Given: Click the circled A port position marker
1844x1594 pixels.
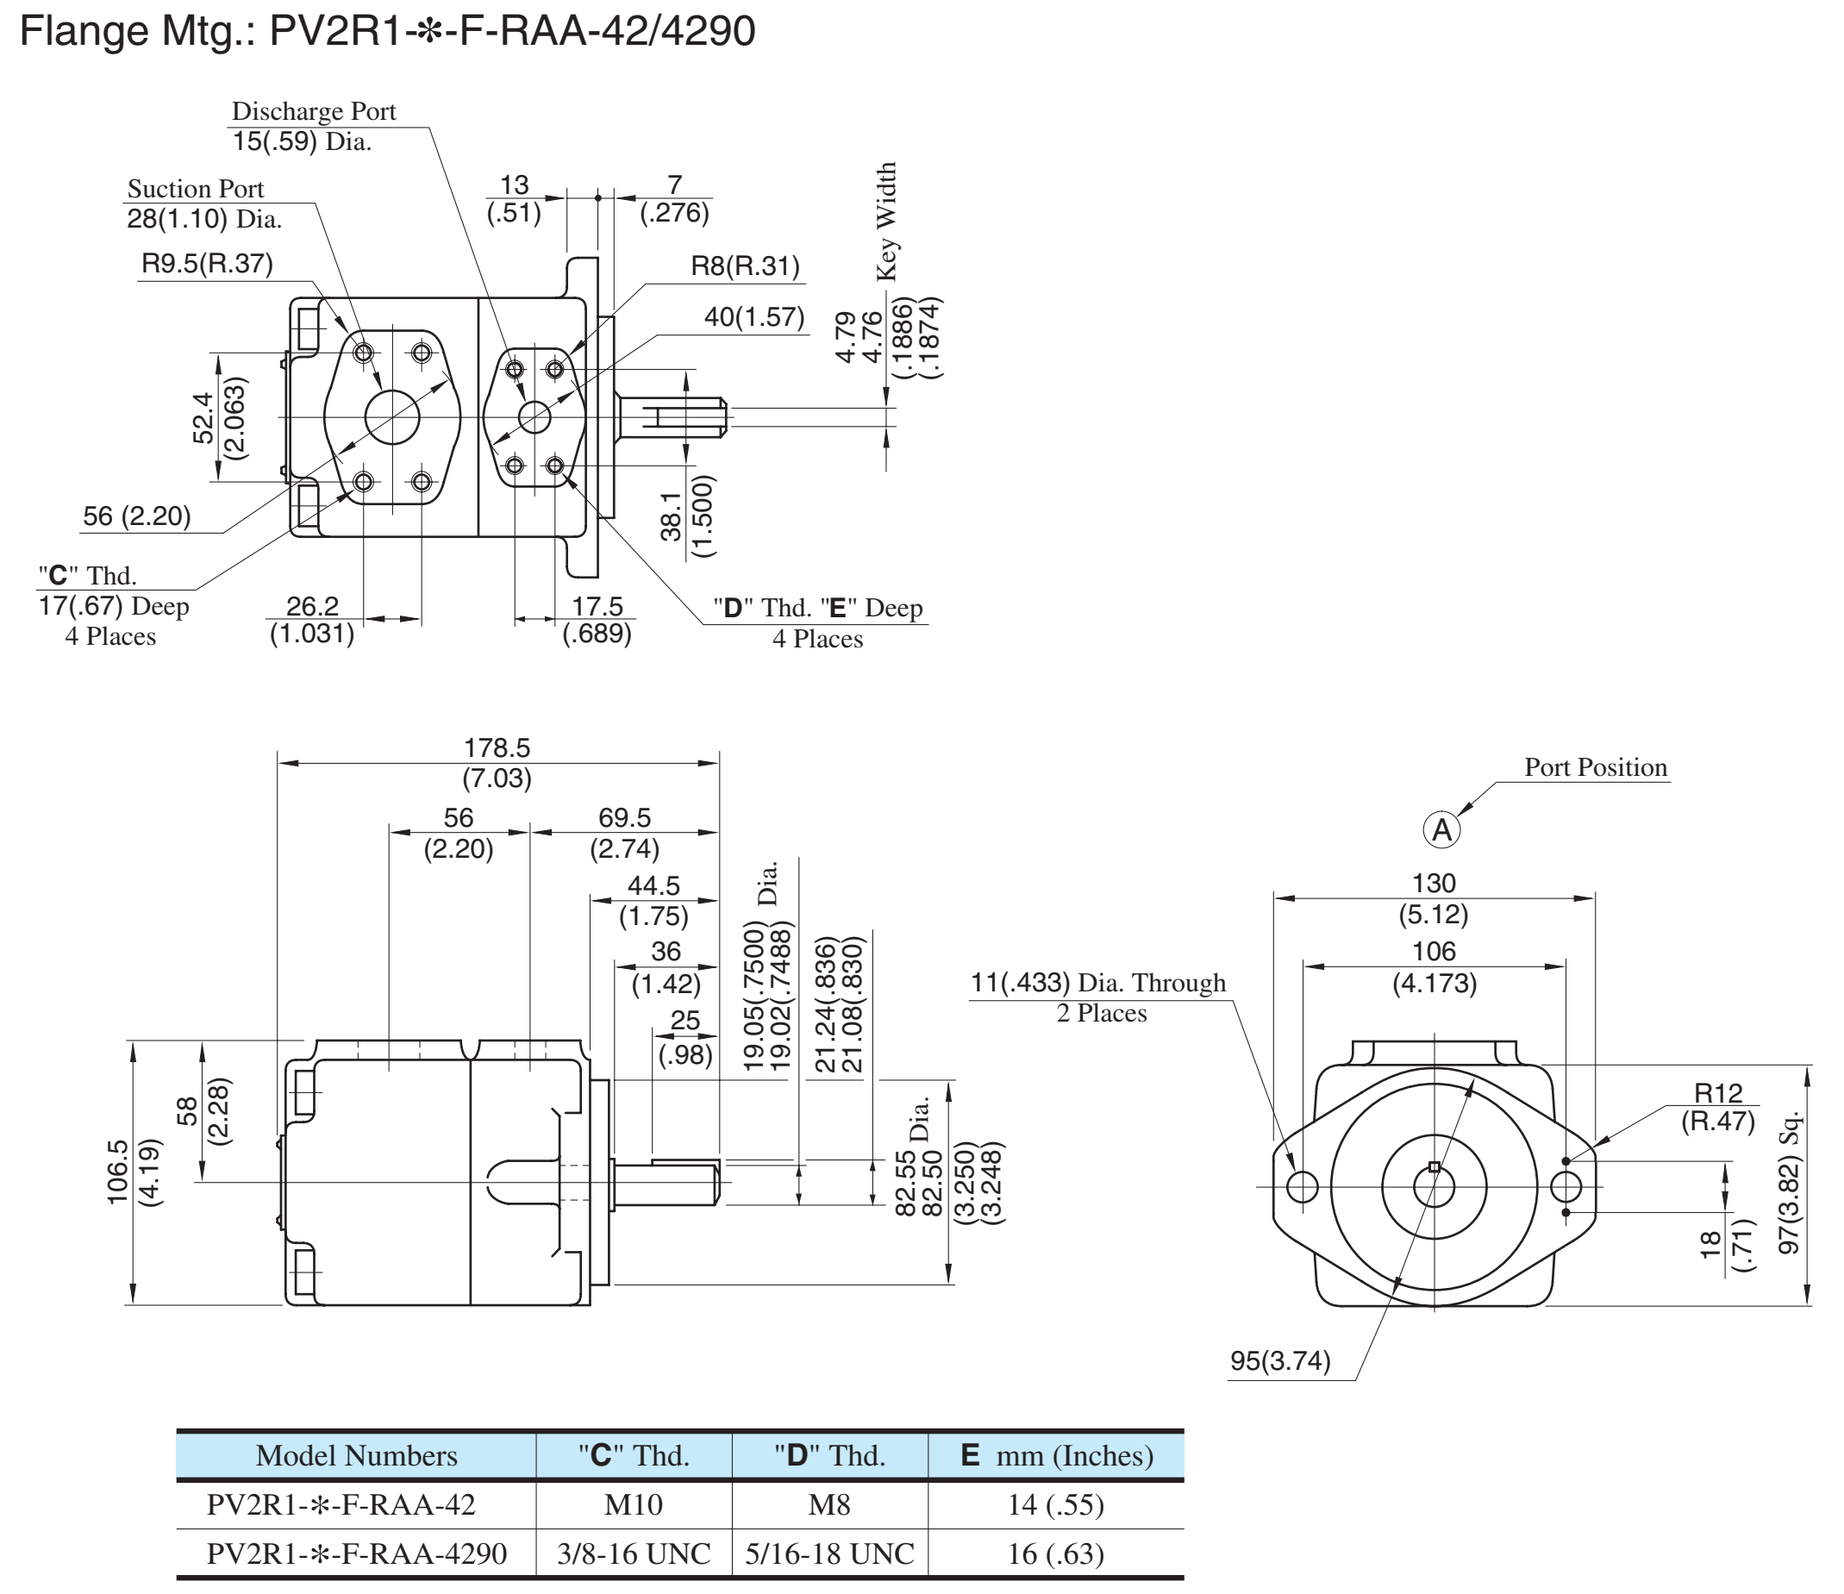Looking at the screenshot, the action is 1441,830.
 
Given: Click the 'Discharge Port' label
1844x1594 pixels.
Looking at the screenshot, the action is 313,111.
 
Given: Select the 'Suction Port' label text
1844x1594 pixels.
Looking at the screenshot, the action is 196,189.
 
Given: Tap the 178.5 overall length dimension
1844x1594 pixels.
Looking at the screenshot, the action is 497,747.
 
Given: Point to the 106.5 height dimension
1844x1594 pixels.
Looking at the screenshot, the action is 117,1172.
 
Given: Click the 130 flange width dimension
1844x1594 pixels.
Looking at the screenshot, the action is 1434,883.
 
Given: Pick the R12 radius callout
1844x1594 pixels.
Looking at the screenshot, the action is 1717,1092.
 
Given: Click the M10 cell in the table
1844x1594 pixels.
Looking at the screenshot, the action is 634,1504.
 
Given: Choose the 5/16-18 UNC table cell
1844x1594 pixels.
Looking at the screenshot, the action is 829,1553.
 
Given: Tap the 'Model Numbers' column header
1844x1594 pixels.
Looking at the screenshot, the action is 356,1455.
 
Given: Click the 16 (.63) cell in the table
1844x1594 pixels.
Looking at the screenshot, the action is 1055,1553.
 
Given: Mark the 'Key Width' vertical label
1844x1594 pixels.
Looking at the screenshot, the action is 886,222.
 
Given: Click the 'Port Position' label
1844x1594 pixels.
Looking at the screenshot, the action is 1596,767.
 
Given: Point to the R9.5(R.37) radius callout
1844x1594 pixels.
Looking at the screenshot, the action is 208,264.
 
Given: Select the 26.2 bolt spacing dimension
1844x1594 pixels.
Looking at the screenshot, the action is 312,606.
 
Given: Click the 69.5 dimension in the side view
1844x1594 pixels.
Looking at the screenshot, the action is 624,817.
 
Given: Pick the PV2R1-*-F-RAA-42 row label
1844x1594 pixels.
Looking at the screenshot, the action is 341,1504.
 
